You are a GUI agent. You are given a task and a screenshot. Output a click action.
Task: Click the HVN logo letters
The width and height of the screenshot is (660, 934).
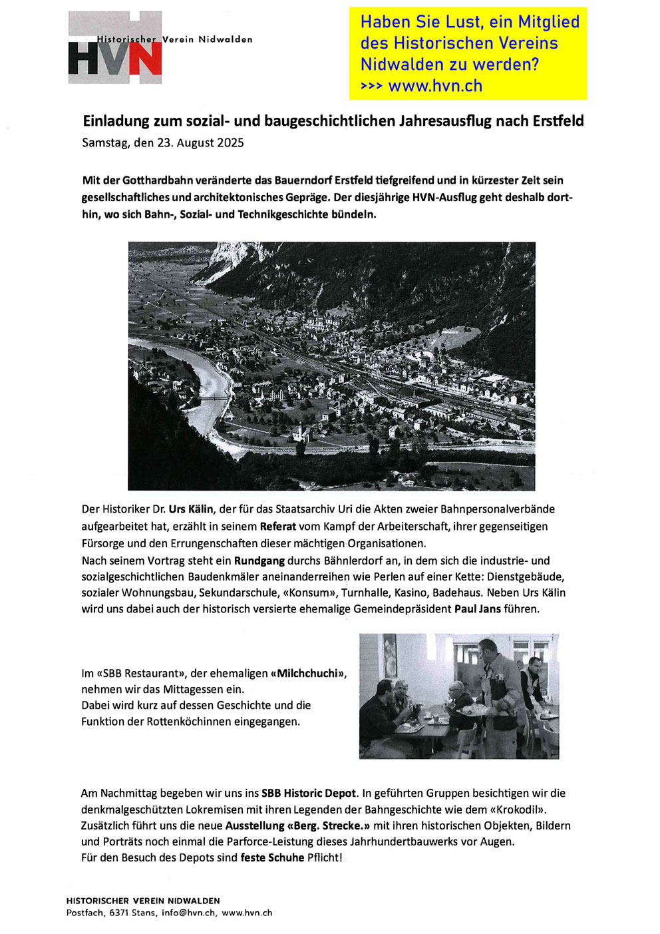[x=114, y=59]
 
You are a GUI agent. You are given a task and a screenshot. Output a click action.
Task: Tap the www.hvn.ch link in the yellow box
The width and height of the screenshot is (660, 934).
[x=435, y=86]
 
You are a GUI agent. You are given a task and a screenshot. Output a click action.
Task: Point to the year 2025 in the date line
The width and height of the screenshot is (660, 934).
[x=230, y=143]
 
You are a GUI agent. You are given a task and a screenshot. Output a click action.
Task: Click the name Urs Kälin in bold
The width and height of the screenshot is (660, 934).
[x=191, y=509]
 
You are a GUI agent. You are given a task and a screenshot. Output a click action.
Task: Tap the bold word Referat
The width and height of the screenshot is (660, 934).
[x=277, y=527]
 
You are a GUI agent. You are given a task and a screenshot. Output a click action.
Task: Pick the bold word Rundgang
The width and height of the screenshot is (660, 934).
[x=259, y=561]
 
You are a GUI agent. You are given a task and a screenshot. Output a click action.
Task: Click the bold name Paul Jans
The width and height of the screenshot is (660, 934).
[x=477, y=609]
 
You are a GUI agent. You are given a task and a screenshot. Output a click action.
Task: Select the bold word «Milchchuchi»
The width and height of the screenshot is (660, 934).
[x=309, y=674]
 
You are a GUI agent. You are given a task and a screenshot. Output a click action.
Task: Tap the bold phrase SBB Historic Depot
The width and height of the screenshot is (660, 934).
[x=309, y=794]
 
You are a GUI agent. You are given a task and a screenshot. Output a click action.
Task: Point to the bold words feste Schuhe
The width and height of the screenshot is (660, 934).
[x=272, y=858]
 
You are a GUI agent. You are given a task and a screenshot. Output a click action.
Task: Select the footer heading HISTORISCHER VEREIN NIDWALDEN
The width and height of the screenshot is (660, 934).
[x=142, y=901]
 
